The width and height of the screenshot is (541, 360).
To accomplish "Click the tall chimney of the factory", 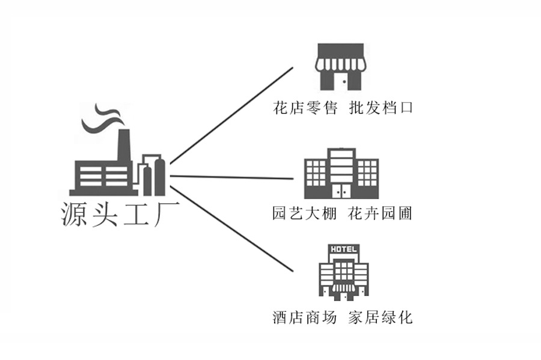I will click(x=124, y=147).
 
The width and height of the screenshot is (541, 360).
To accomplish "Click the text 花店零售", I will click(x=305, y=109).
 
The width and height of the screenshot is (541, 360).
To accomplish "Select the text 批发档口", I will click(x=381, y=109).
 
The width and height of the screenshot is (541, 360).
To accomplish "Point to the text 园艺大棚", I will click(x=304, y=213).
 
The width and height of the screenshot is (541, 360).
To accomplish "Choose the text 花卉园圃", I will click(x=381, y=213).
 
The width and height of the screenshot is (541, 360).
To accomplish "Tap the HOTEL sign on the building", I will click(x=342, y=249).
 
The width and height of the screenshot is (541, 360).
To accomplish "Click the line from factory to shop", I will click(x=231, y=115).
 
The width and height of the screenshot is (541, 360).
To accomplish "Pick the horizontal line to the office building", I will click(x=231, y=177).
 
